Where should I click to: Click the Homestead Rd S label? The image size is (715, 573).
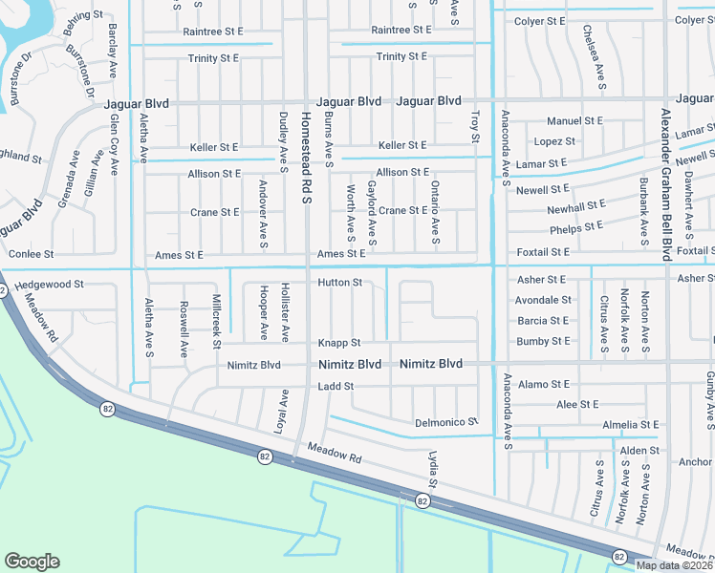pos(307,156)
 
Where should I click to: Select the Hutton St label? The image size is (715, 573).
pos(340,283)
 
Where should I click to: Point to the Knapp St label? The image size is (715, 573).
pos(339,343)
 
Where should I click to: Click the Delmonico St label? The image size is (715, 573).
pos(445,422)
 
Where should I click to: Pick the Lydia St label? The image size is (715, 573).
pos(431,468)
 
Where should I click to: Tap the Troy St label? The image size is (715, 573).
pos(475,127)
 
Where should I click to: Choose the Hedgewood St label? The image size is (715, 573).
pos(51,285)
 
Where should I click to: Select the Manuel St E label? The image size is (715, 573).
pos(574,121)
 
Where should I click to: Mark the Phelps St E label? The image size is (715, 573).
pos(576,227)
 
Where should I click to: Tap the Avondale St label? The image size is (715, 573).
pos(543,300)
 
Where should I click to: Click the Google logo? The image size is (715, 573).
pos(32,562)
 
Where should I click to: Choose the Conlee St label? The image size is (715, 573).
pos(31,255)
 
